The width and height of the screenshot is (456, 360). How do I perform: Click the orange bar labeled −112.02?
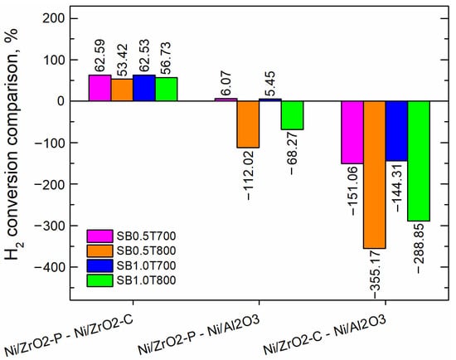(x=248, y=124)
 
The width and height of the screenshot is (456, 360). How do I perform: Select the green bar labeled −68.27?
(x=292, y=115)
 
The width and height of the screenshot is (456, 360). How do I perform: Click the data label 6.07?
(x=226, y=83)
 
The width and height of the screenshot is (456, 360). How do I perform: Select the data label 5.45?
(x=269, y=83)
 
